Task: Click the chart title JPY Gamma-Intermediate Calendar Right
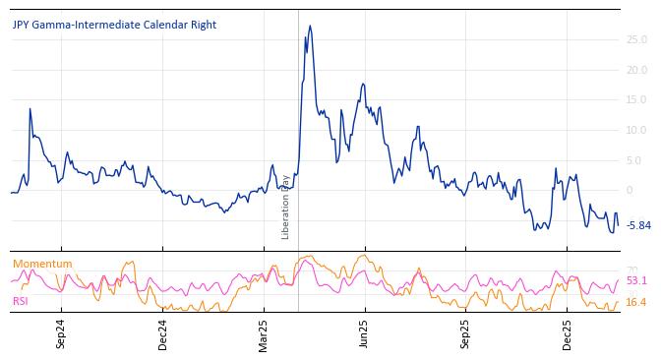pos(114,26)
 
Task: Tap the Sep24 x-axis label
pos(61,334)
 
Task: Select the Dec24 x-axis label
pos(163,334)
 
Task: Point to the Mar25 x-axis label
pos(264,334)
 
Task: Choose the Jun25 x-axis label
pos(365,334)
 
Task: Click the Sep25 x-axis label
pos(466,334)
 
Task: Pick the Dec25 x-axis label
pos(568,334)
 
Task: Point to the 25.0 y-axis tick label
pos(636,40)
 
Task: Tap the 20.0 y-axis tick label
pos(636,70)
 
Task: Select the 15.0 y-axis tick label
pos(636,100)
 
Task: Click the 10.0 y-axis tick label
pos(636,131)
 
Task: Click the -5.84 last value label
pos(638,226)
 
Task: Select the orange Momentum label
pos(42,265)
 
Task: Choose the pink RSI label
pos(21,301)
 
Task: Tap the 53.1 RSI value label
pos(636,281)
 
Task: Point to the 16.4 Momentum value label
pos(636,303)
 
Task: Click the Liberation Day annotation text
pos(286,207)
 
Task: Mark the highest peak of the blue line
pos(310,27)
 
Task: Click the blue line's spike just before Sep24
pos(30,109)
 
